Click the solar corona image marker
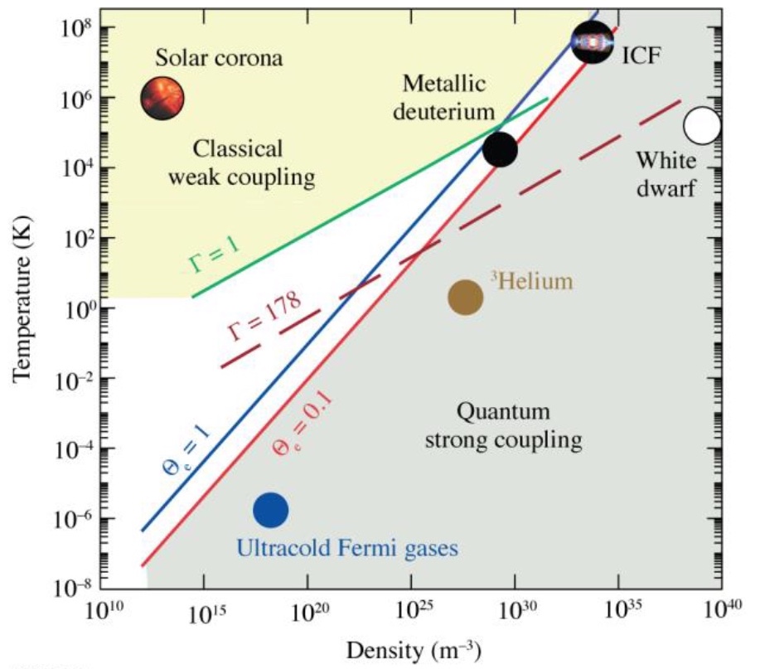pyautogui.click(x=162, y=98)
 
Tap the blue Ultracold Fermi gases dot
pyautogui.click(x=271, y=510)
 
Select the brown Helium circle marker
pyautogui.click(x=466, y=298)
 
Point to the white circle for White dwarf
pyautogui.click(x=702, y=126)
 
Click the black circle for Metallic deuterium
pyautogui.click(x=501, y=149)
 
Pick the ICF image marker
pyautogui.click(x=593, y=42)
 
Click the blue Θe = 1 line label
pyautogui.click(x=184, y=448)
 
